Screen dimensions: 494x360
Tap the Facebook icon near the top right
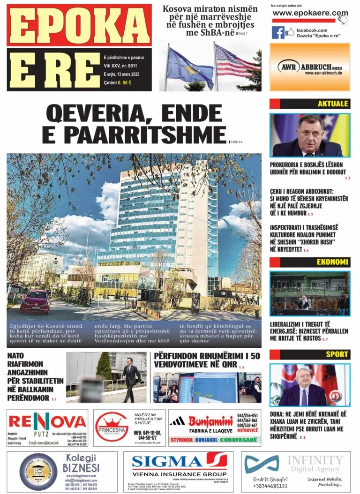(278, 32)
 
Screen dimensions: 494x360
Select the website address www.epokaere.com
(310, 13)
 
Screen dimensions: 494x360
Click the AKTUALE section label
(333, 104)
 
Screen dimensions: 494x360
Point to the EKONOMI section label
(332, 262)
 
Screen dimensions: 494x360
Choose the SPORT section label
(337, 354)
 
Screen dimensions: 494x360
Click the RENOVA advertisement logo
(47, 421)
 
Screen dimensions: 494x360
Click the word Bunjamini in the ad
(210, 420)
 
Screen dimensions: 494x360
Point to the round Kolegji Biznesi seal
(38, 472)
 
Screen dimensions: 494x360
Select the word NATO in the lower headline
(16, 356)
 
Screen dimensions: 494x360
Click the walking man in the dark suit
(131, 378)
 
